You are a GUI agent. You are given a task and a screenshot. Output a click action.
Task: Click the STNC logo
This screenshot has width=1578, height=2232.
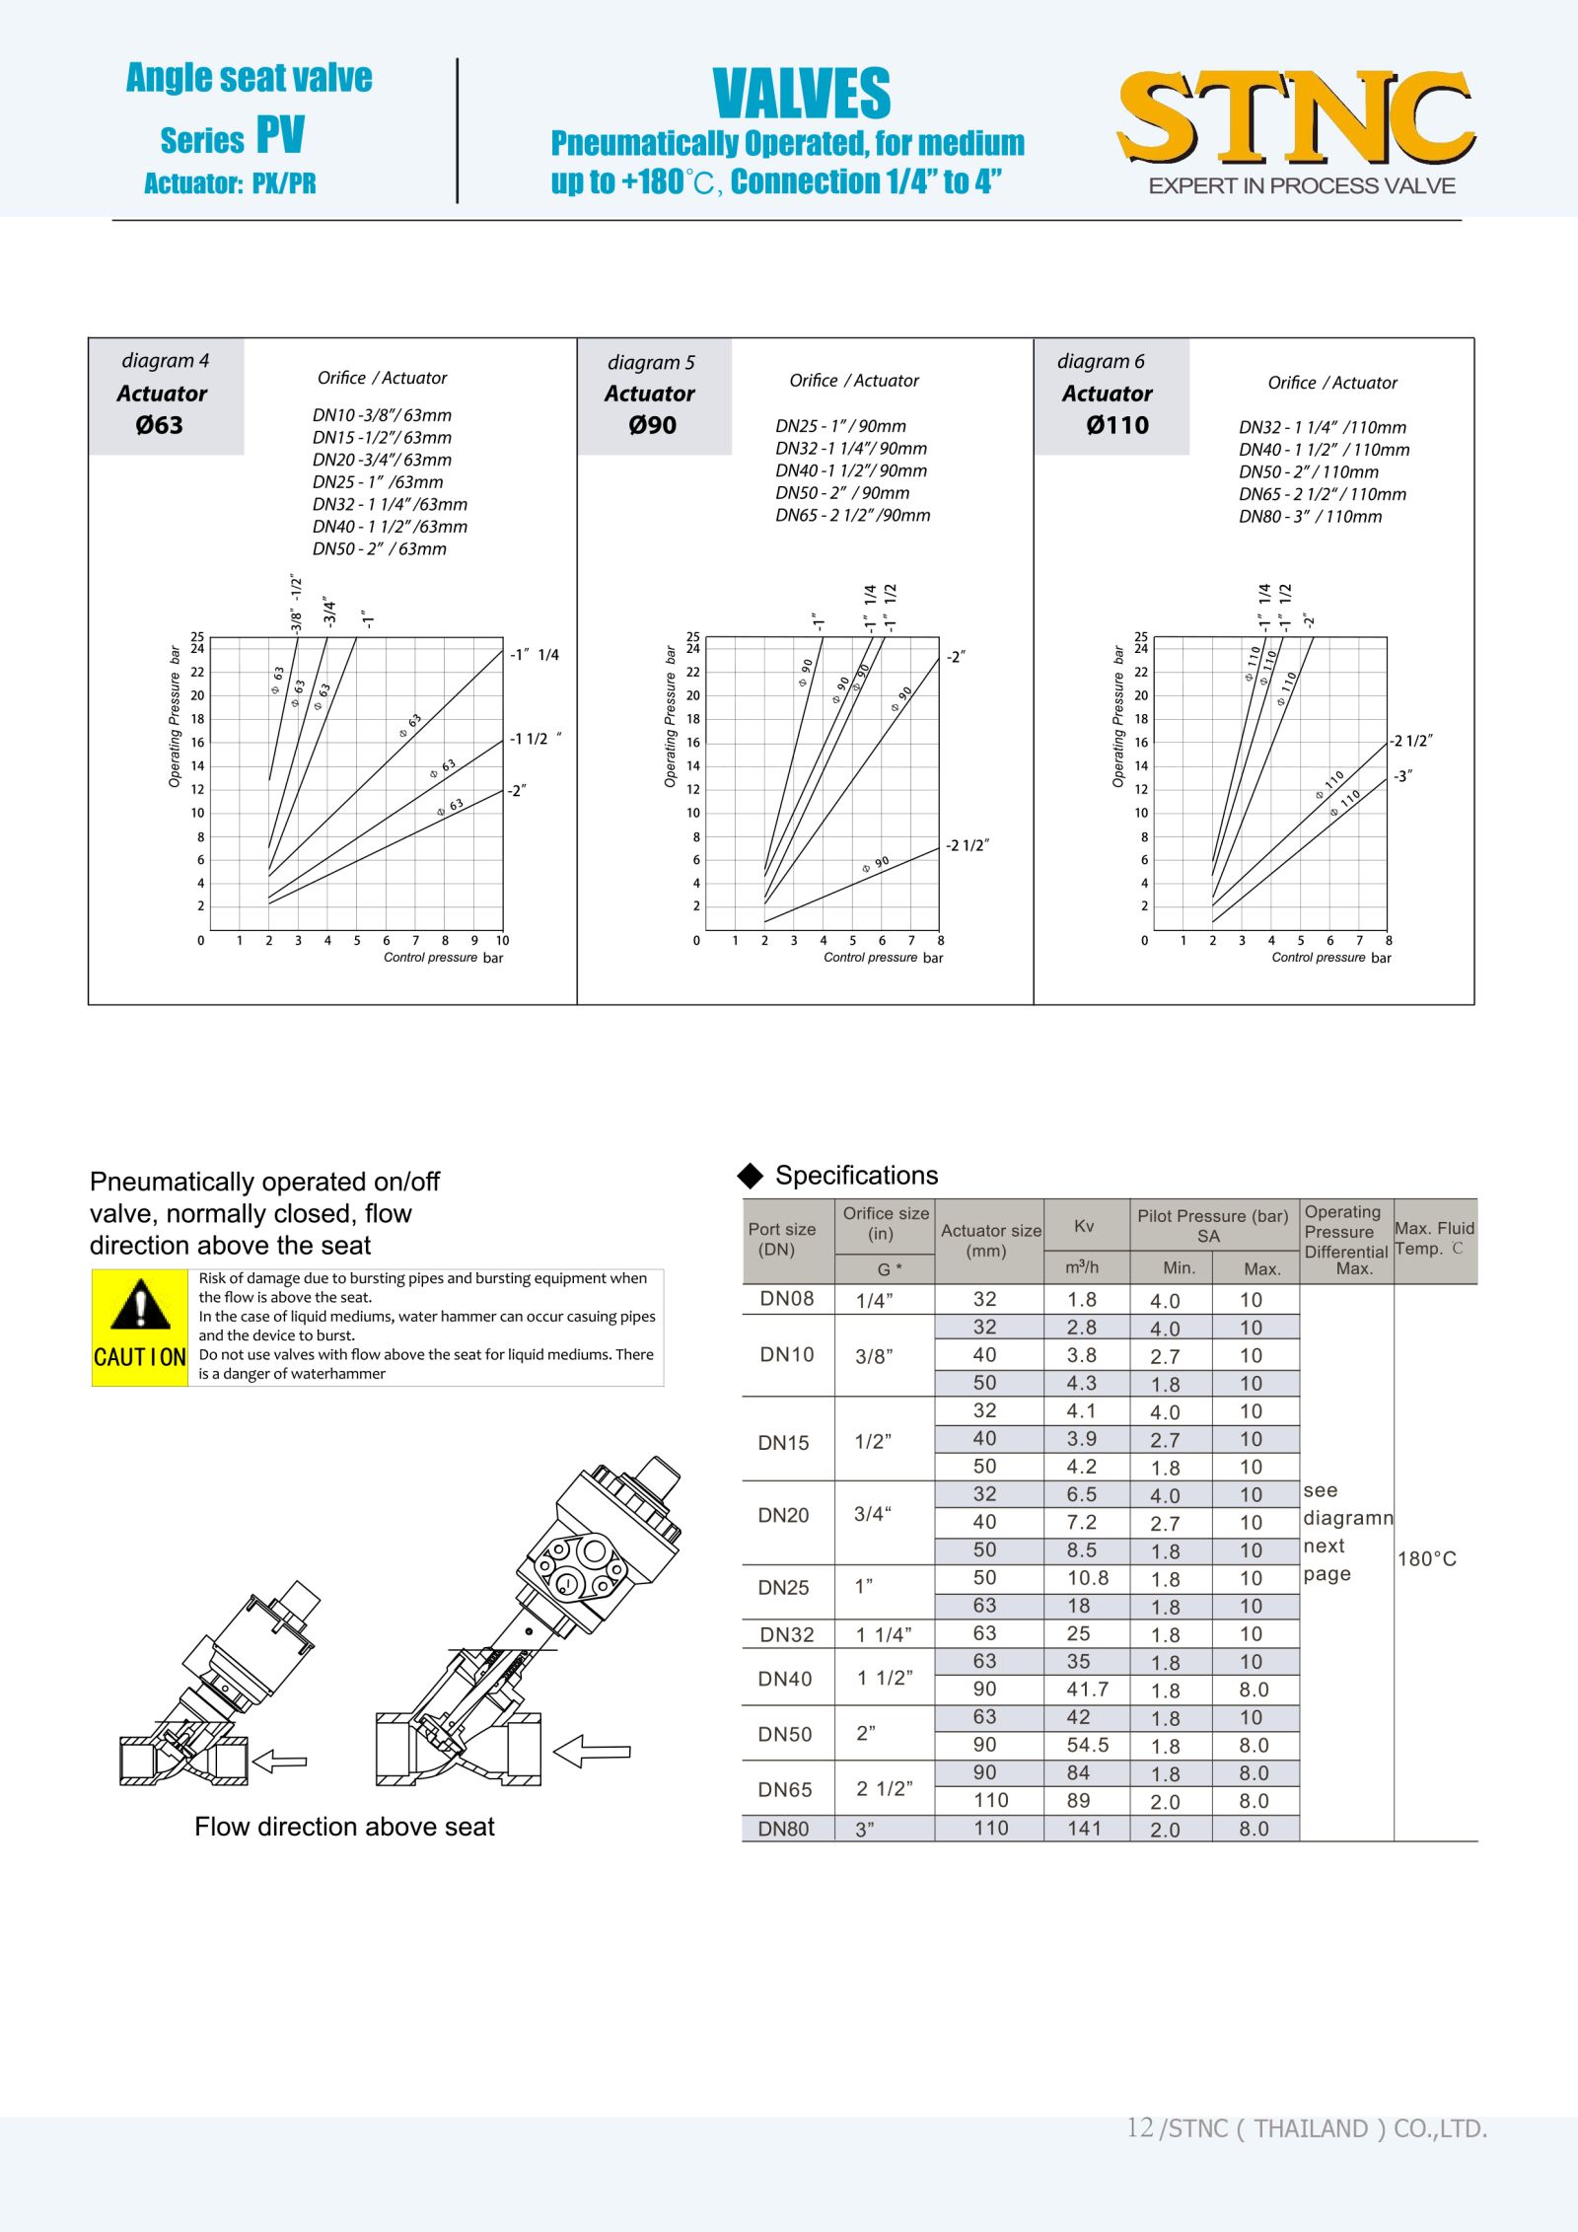1296,118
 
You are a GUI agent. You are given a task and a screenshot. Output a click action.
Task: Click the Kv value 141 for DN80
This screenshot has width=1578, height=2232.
1084,1828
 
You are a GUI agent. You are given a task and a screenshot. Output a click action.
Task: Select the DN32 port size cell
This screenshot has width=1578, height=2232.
787,1634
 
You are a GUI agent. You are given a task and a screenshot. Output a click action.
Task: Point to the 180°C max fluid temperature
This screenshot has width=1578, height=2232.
1426,1558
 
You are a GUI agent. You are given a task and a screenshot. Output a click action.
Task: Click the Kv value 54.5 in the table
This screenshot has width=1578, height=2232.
1088,1745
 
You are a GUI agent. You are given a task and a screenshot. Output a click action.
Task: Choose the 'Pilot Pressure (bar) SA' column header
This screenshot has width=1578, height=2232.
1212,1225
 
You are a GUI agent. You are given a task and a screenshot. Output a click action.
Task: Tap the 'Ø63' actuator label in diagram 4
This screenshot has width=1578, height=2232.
160,425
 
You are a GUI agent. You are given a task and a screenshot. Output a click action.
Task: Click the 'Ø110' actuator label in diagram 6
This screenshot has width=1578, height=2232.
1117,425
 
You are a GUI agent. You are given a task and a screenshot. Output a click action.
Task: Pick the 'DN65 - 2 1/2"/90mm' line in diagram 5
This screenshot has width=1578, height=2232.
852,515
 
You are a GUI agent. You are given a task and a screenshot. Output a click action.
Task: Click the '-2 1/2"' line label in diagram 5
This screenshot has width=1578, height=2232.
967,845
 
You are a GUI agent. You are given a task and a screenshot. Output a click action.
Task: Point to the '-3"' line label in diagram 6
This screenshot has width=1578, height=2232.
1402,776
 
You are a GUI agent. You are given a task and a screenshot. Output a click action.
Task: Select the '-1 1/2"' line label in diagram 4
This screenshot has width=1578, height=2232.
535,739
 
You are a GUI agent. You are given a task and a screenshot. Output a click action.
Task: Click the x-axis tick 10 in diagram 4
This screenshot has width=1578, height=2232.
502,941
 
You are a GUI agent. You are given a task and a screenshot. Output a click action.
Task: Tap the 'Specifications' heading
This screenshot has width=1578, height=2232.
856,1175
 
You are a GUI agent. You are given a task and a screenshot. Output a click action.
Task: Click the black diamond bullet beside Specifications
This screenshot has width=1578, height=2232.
751,1175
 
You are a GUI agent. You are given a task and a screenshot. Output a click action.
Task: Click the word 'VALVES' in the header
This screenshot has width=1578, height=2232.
801,94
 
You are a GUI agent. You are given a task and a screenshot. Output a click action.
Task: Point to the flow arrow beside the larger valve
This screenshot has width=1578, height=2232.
592,1752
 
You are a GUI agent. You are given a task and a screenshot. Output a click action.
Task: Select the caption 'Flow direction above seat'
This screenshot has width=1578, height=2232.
344,1827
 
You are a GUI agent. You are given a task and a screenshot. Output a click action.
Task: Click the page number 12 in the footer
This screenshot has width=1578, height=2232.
1139,2127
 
